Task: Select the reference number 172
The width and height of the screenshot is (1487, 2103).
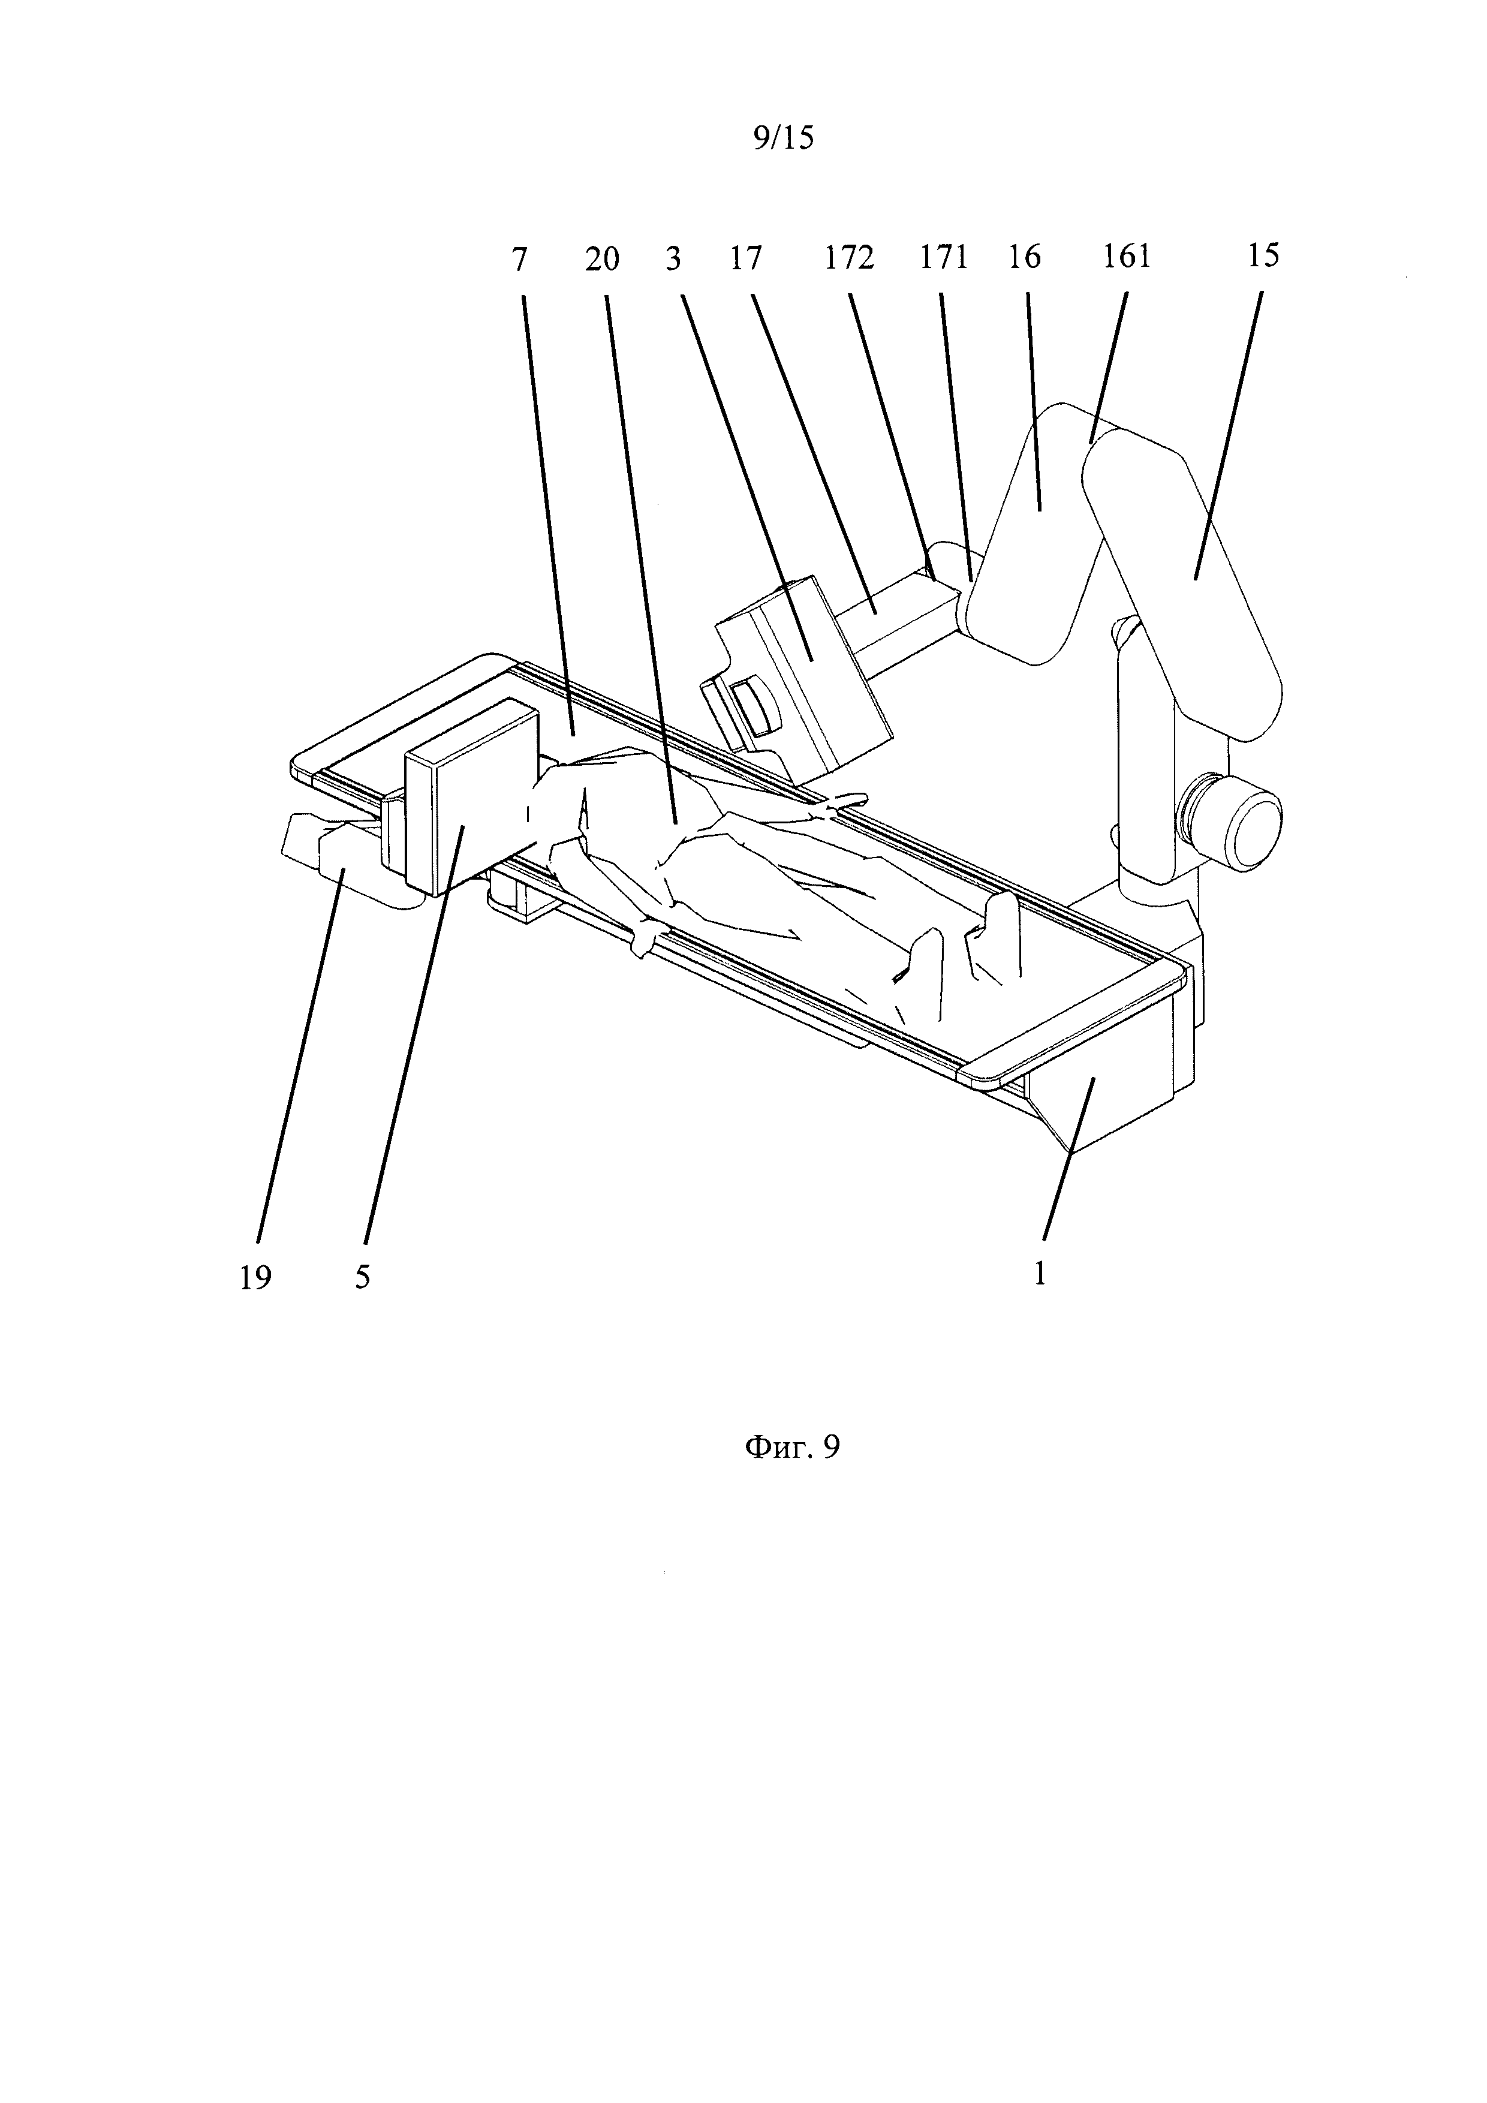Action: point(849,258)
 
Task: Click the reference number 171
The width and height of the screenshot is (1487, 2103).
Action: point(944,258)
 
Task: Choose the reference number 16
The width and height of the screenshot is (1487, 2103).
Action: point(1025,258)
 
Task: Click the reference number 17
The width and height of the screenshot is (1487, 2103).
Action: point(746,259)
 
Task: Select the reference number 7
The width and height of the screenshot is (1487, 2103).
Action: point(520,260)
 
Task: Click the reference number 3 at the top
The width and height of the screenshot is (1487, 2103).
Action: point(673,259)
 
